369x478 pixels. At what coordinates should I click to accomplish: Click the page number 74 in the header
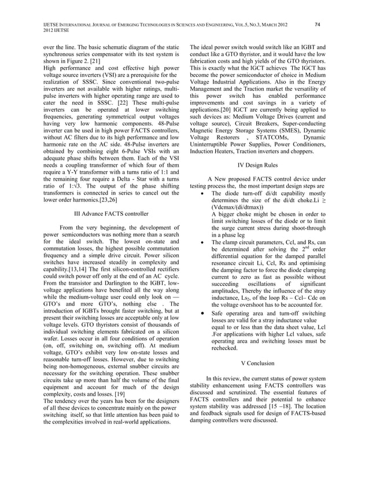coord(317,25)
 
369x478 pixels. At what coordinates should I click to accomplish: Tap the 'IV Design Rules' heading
coord(257,165)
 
